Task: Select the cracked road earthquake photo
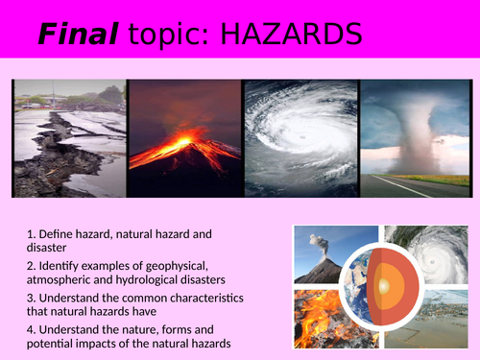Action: [69, 139]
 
